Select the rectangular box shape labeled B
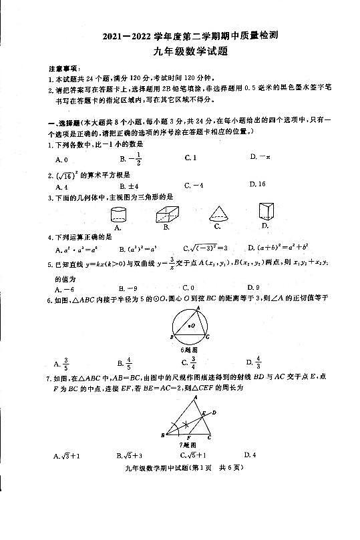(170, 214)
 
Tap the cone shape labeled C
(219, 214)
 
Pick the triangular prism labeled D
(267, 213)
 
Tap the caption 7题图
(189, 444)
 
